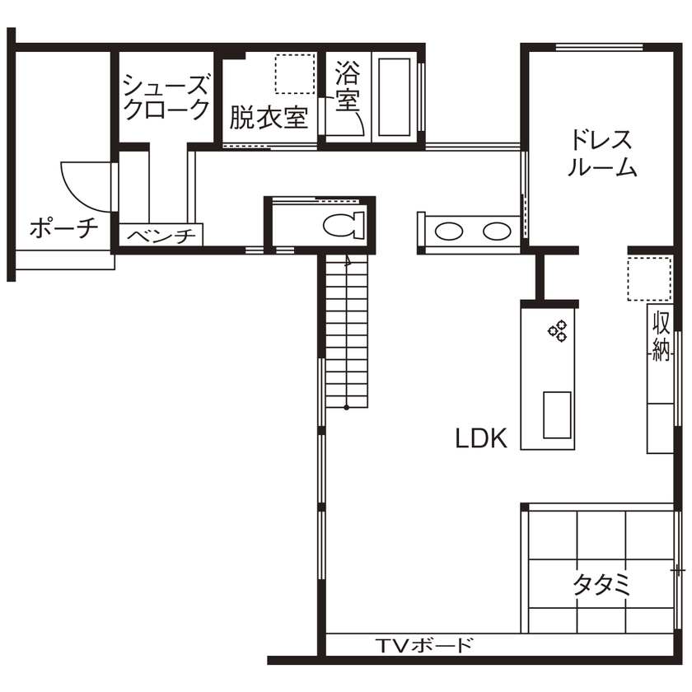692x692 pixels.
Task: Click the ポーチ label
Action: pyautogui.click(x=63, y=228)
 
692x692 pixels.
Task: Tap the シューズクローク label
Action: pyautogui.click(x=166, y=96)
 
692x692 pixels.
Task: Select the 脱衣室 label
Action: pyautogui.click(x=269, y=119)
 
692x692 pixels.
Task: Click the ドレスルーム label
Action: pyautogui.click(x=602, y=152)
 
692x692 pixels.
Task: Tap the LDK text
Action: pyautogui.click(x=481, y=438)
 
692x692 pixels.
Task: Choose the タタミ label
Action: pyautogui.click(x=601, y=585)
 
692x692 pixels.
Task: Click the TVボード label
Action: pyautogui.click(x=425, y=644)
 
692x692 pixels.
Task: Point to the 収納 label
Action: pyautogui.click(x=661, y=336)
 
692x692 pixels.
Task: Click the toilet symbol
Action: pyautogui.click(x=343, y=224)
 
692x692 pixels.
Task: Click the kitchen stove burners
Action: pyautogui.click(x=558, y=330)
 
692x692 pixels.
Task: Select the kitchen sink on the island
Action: pyautogui.click(x=557, y=415)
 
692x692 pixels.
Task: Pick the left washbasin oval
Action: pyautogui.click(x=448, y=231)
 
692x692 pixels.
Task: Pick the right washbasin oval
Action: pyautogui.click(x=496, y=231)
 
